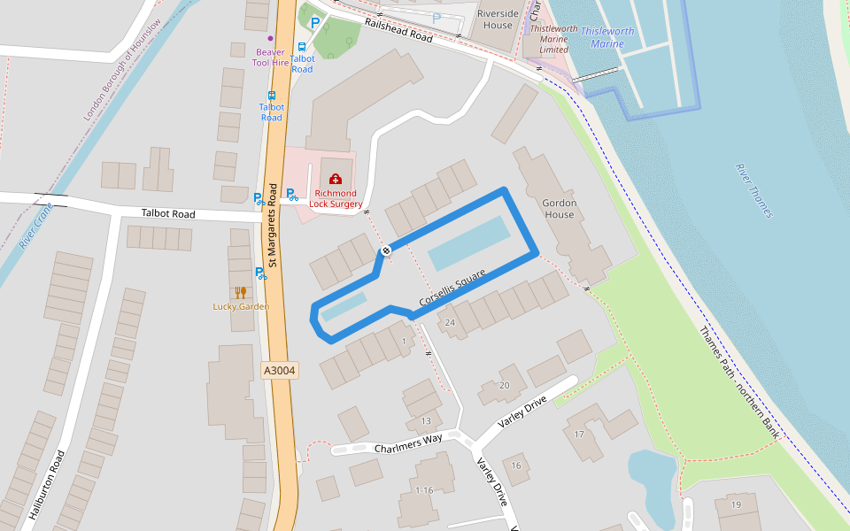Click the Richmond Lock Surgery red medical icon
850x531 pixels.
click(x=335, y=180)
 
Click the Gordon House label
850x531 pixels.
click(x=559, y=209)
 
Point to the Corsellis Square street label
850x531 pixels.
click(x=453, y=289)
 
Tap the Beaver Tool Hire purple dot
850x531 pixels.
click(x=270, y=39)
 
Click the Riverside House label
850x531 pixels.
click(x=498, y=19)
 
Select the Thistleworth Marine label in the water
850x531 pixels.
click(x=607, y=37)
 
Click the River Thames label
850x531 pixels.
click(x=753, y=190)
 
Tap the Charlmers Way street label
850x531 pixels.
click(x=408, y=443)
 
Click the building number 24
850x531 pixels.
click(x=450, y=323)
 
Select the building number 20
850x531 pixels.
click(x=505, y=385)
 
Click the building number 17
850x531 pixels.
click(x=579, y=434)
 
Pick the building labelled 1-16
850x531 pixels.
click(x=424, y=490)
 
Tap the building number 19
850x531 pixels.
click(x=736, y=504)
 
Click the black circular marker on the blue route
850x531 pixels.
click(x=385, y=251)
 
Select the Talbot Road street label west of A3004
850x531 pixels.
click(x=168, y=214)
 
